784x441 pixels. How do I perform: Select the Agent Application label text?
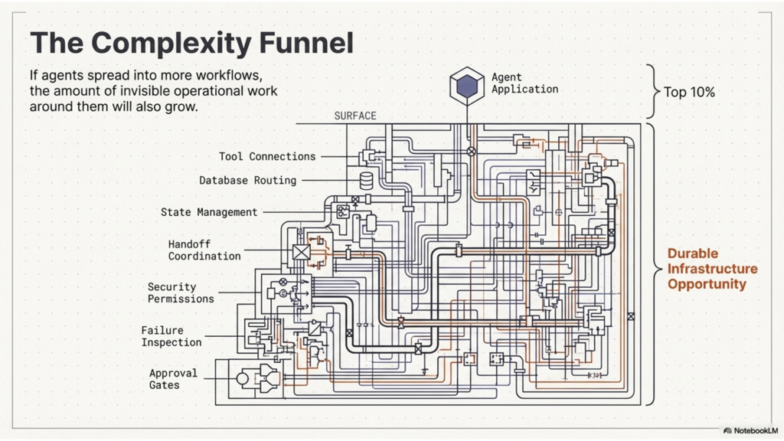(524, 83)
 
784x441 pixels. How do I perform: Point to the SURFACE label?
(355, 116)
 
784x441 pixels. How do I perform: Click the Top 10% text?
(689, 92)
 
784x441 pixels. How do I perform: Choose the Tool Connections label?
(267, 156)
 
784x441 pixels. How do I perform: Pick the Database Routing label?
(247, 181)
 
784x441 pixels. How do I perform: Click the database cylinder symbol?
(367, 180)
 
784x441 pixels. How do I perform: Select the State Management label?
(209, 212)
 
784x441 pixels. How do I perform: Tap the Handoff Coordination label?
(204, 250)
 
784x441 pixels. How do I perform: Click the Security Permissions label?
(181, 292)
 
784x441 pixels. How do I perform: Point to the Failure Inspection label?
(171, 336)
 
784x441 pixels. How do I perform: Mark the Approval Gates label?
(173, 379)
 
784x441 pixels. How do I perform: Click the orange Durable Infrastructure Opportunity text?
(712, 268)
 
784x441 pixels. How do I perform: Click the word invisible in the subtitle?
(181, 91)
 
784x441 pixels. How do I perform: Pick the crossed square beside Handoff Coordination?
(301, 252)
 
